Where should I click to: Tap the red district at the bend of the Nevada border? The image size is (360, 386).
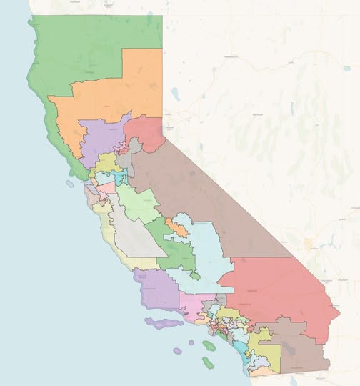(x=146, y=132)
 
